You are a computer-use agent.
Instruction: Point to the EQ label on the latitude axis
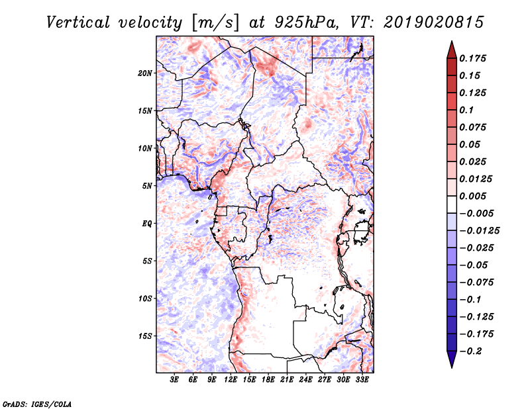(147, 224)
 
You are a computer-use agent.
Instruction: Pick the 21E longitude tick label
(287, 380)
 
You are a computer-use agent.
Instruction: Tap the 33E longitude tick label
(362, 380)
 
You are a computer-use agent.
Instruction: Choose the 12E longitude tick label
(231, 380)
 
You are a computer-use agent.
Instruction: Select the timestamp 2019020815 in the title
(427, 22)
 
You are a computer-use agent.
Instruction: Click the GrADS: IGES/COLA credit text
(28, 402)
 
